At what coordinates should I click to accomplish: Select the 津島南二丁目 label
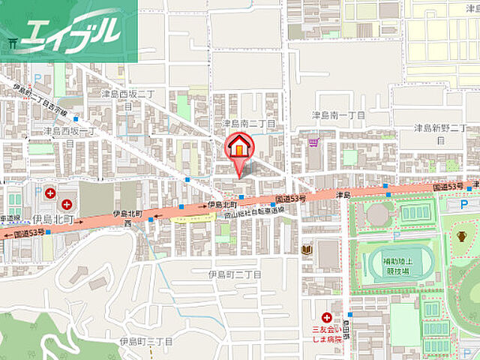(x=247, y=122)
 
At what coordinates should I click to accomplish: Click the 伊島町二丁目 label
(x=235, y=274)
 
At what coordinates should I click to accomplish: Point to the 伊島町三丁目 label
(x=145, y=341)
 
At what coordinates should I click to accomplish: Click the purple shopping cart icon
(x=313, y=141)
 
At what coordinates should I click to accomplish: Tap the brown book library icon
(x=306, y=250)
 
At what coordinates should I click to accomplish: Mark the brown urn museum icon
(x=461, y=236)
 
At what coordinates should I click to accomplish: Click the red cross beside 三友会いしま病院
(x=326, y=317)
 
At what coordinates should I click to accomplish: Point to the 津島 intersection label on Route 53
(x=344, y=196)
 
